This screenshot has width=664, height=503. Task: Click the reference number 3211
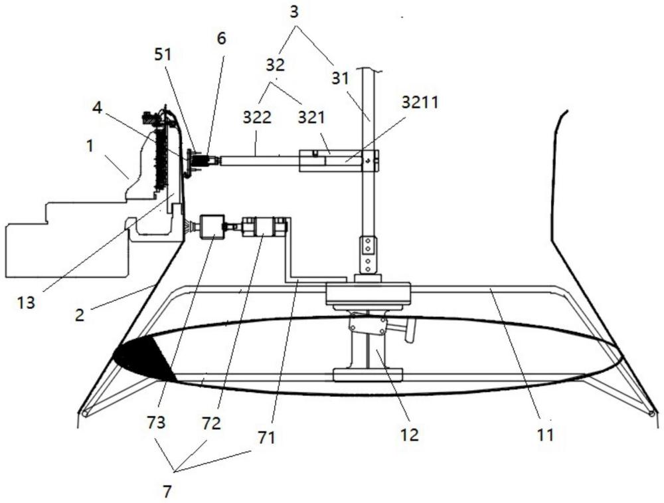coord(420,102)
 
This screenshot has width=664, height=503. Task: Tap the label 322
coord(257,118)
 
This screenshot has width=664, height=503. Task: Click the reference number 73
coord(156,423)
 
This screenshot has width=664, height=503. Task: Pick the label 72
coord(211,423)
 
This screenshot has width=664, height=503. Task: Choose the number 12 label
coord(409,435)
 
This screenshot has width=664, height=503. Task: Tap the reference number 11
coord(545,435)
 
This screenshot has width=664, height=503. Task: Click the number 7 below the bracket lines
coord(168,492)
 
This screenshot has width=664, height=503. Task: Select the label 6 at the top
coord(221,38)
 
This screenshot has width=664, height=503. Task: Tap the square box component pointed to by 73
coord(211,227)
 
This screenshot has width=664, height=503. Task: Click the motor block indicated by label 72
coord(265,227)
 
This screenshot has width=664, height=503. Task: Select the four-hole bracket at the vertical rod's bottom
coord(368,254)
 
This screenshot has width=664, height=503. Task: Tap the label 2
coord(80,315)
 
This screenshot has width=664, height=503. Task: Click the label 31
coord(340,78)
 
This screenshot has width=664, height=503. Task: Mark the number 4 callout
coord(98,108)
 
